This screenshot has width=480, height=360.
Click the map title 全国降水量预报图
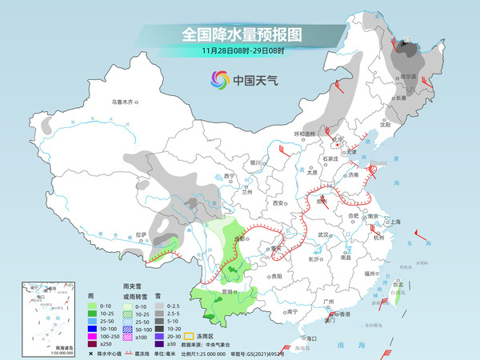(x=240, y=34)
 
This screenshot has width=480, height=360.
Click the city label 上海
(x=394, y=222)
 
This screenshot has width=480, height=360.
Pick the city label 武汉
(x=323, y=234)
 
